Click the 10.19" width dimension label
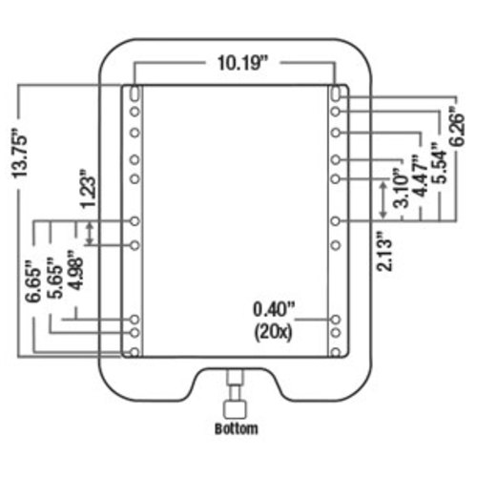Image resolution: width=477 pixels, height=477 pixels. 243,63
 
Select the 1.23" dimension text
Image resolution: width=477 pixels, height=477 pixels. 88,189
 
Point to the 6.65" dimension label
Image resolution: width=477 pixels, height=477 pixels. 33,280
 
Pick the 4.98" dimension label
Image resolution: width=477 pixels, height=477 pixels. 76,270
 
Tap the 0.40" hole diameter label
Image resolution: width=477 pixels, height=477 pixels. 274,310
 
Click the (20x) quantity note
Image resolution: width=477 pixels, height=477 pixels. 273,333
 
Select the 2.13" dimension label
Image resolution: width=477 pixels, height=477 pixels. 384,252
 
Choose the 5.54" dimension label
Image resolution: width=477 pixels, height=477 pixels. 440,163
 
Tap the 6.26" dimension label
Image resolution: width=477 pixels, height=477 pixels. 457,125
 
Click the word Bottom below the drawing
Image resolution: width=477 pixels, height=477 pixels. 237,428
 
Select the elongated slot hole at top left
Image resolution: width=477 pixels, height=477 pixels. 135,93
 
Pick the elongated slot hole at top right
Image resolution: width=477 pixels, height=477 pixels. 336,93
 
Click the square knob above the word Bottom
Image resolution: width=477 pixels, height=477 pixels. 236,410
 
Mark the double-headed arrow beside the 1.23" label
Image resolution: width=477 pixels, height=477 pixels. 90,234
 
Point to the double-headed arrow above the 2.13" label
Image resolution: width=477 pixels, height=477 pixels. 384,199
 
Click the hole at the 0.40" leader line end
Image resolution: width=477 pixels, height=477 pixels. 336,319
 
